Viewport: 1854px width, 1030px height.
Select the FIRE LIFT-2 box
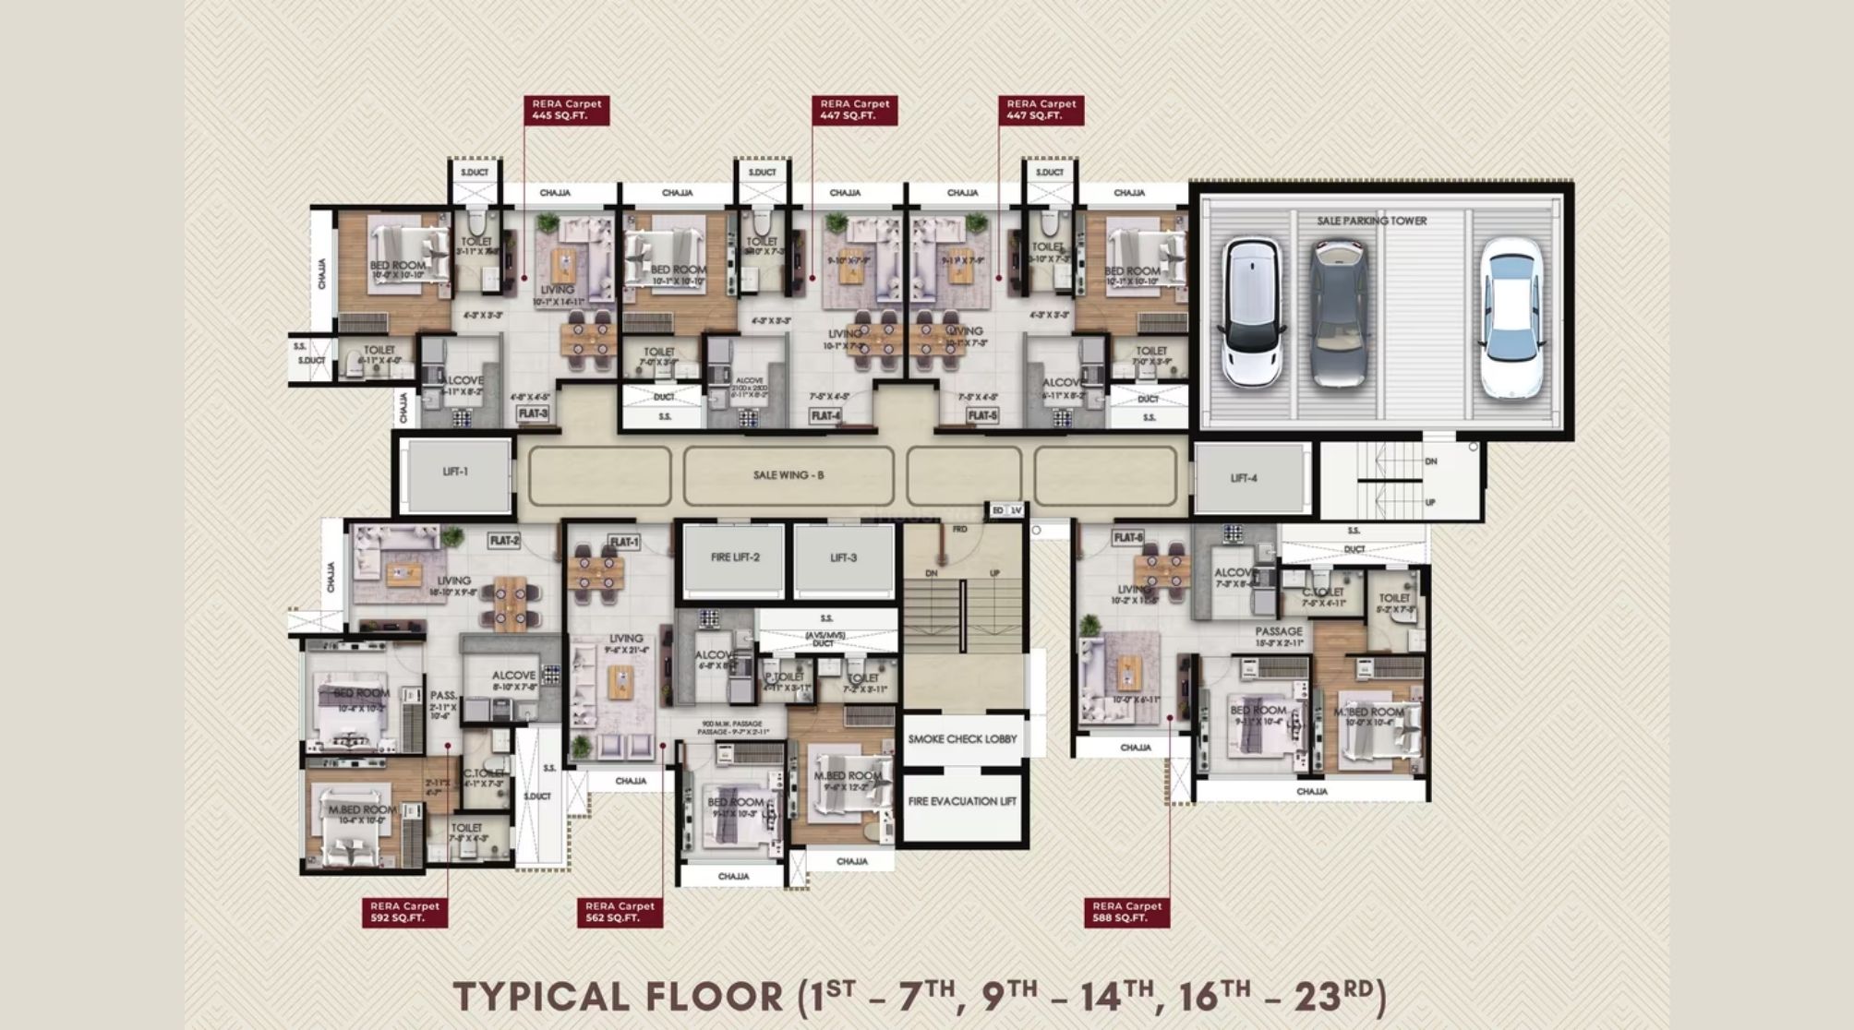click(735, 558)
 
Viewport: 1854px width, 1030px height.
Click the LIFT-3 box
click(843, 558)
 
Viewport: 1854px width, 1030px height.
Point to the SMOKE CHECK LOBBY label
click(962, 739)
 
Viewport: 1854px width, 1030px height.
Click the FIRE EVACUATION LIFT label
click(962, 801)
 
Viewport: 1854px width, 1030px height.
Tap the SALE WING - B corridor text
click(788, 475)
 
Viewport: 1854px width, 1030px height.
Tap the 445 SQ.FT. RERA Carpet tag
click(566, 110)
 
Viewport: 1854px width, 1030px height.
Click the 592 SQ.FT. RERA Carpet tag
click(404, 912)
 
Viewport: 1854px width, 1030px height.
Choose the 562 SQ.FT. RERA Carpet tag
click(619, 912)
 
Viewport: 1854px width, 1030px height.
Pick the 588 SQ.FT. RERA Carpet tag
click(1126, 912)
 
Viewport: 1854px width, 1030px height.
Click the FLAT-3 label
click(533, 413)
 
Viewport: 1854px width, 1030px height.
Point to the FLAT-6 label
click(1127, 537)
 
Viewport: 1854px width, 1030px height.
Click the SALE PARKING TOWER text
click(1371, 221)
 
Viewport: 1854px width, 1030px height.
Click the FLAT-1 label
click(624, 542)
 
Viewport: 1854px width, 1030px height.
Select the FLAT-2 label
click(504, 540)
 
